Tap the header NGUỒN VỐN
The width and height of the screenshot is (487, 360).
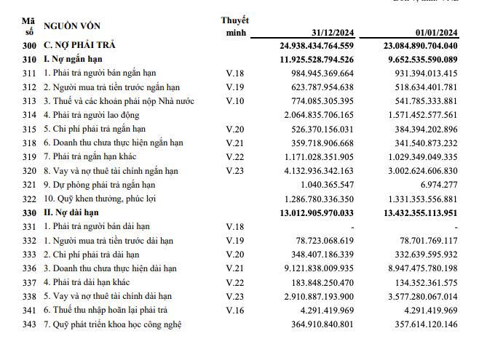pyautogui.click(x=71, y=26)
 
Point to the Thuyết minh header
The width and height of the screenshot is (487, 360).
pyautogui.click(x=234, y=26)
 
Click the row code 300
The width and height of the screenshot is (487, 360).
pyautogui.click(x=29, y=46)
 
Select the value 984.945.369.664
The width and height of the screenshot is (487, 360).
pyautogui.click(x=322, y=73)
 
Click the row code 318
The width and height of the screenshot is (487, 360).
pyautogui.click(x=29, y=143)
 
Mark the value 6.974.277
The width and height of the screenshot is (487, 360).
pyautogui.click(x=440, y=185)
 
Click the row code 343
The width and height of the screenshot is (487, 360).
pyautogui.click(x=29, y=324)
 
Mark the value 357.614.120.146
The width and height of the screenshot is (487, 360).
pyautogui.click(x=423, y=324)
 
